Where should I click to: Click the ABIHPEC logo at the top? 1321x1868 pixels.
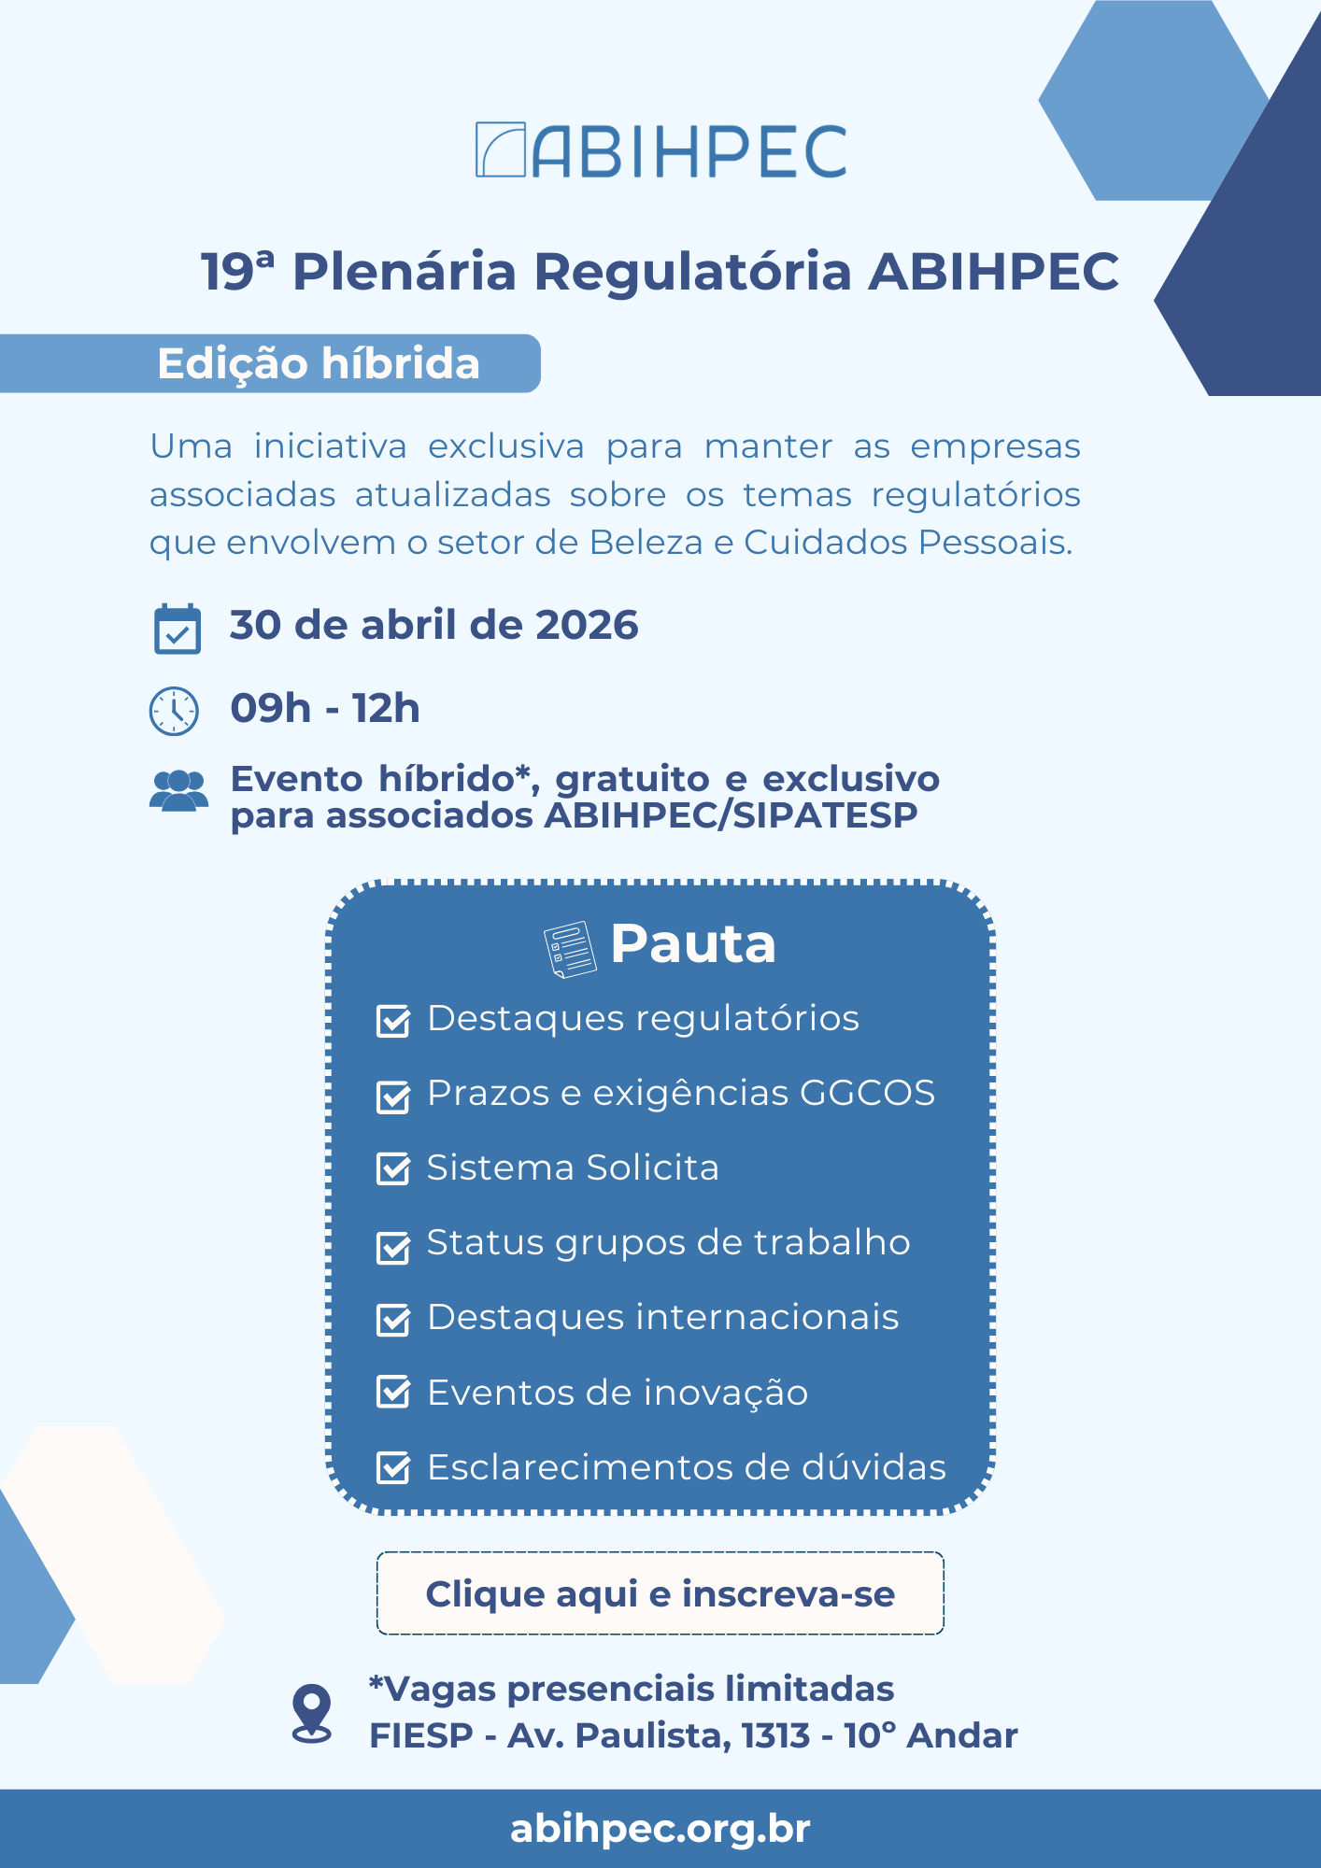point(660,150)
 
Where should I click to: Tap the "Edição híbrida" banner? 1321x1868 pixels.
point(318,363)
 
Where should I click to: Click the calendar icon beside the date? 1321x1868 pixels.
point(177,629)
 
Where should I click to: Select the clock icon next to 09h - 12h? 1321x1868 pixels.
point(174,711)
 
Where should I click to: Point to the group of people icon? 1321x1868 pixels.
point(178,791)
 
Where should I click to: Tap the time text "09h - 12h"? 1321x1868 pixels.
point(325,709)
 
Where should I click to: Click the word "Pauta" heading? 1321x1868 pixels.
point(692,943)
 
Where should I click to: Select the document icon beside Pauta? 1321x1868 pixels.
point(569,949)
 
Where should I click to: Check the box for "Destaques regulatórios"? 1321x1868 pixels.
point(393,1021)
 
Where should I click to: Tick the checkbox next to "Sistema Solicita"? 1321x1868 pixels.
point(393,1168)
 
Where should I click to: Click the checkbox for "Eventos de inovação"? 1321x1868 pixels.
point(393,1392)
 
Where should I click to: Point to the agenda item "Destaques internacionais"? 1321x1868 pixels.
point(662,1317)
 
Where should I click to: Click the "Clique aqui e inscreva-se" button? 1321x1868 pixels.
point(660,1593)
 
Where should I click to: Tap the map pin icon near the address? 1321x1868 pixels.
point(312,1713)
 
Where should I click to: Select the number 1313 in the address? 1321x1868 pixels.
point(775,1735)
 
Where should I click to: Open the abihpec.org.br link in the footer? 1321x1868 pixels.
point(660,1829)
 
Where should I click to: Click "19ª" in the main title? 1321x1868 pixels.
point(238,272)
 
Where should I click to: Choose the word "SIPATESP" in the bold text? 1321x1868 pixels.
point(825,815)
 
